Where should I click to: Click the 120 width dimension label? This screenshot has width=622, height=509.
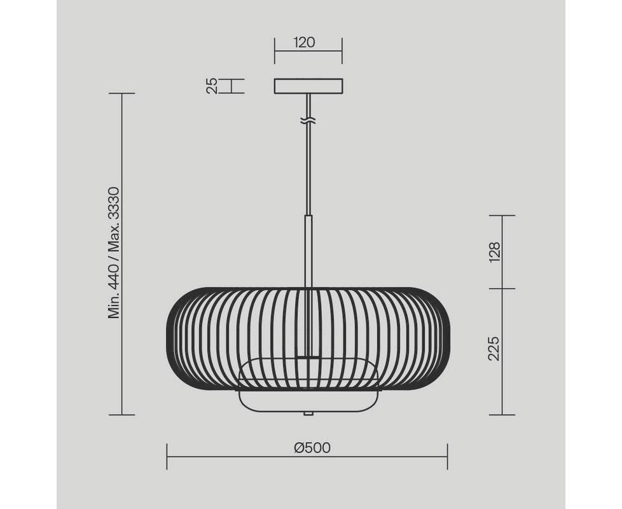[x=304, y=42]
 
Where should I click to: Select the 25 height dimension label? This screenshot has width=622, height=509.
[x=212, y=86]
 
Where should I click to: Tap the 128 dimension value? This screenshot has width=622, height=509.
[x=494, y=252]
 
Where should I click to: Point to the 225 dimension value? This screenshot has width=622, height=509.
[x=494, y=348]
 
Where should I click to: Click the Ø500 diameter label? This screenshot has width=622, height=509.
[x=312, y=447]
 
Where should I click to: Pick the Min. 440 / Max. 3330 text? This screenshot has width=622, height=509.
[x=114, y=253]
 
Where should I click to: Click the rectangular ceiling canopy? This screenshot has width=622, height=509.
[x=308, y=87]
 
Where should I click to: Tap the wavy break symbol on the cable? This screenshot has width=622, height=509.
[x=308, y=122]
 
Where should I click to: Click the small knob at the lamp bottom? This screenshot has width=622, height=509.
[x=308, y=414]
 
